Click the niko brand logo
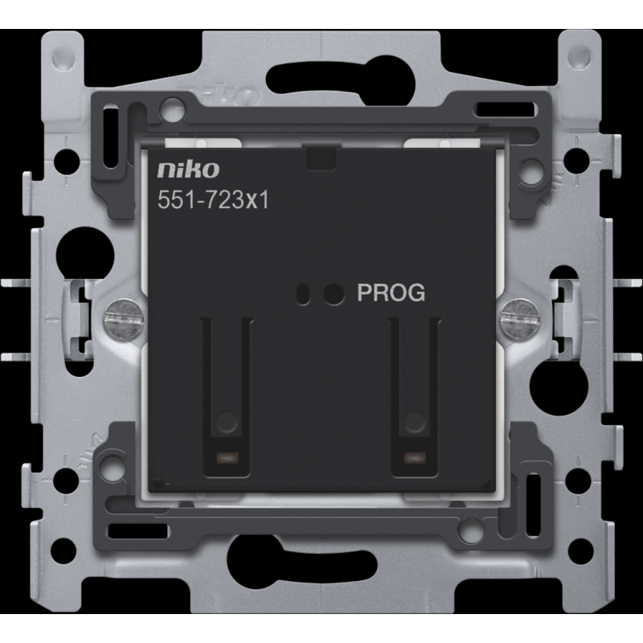pos(188,170)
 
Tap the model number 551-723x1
pos(213,200)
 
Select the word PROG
pos(391,293)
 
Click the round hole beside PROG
pos(334,293)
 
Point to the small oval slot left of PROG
pos(304,294)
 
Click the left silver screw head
pos(124,317)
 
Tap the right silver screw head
pos(518,318)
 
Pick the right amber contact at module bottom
pos(415,457)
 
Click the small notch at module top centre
pos(321,158)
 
